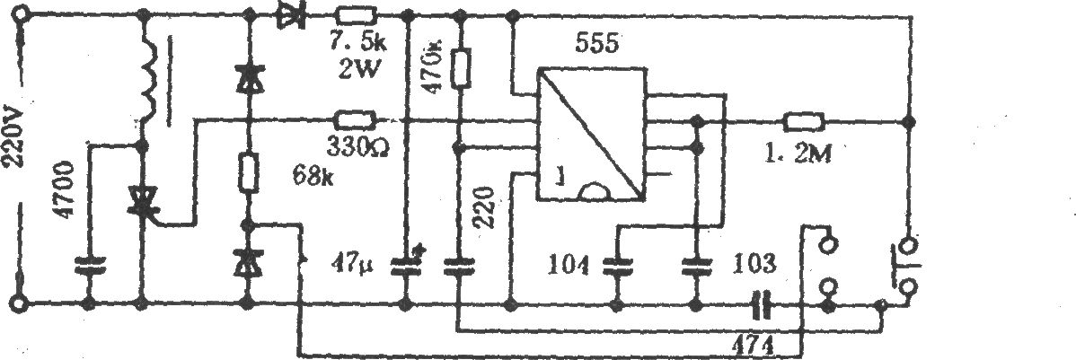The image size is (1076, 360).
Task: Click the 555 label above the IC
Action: click(x=595, y=44)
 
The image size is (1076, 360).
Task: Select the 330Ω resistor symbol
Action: click(x=354, y=120)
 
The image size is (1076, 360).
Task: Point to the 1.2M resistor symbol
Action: click(x=804, y=122)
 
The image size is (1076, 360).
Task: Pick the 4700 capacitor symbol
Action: click(x=89, y=265)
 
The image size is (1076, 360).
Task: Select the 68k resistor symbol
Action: click(x=249, y=171)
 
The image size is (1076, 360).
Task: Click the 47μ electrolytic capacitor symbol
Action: click(x=406, y=264)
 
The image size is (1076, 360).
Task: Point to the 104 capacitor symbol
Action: click(x=617, y=265)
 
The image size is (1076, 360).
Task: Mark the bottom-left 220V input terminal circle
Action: click(x=22, y=301)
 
